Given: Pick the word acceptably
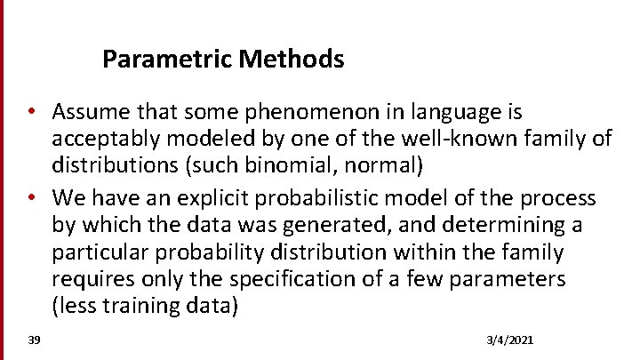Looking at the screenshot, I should (x=100, y=140).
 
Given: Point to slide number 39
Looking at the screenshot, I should (x=34, y=340).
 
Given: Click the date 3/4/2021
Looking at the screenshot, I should (x=511, y=340).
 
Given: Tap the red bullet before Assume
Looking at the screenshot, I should (x=30, y=113).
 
